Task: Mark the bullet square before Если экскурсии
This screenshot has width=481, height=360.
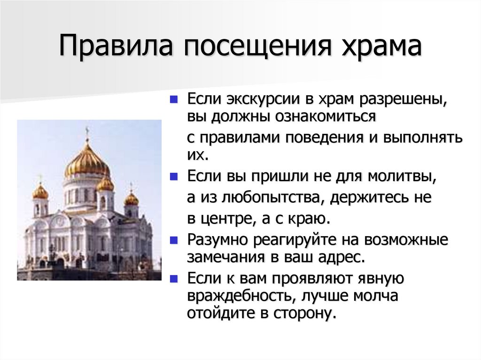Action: click(174, 100)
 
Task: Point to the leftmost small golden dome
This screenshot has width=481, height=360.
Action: click(40, 191)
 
